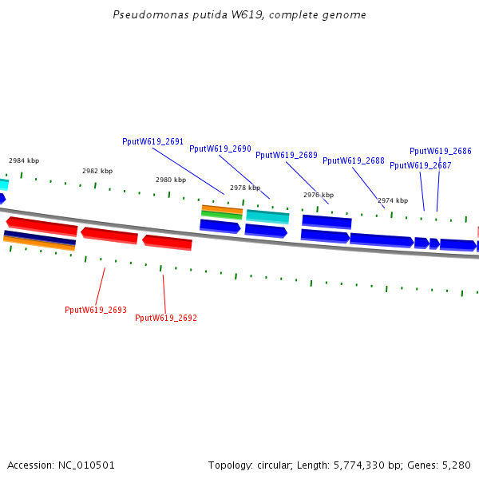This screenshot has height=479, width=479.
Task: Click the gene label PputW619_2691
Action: click(152, 141)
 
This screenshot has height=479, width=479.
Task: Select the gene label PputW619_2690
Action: click(220, 148)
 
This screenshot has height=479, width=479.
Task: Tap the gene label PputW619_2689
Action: click(286, 155)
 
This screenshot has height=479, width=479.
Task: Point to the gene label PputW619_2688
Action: click(353, 160)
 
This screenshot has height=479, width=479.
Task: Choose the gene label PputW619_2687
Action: click(420, 165)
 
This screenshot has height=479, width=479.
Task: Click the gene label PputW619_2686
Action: click(440, 151)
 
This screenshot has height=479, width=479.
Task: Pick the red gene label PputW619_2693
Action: click(95, 310)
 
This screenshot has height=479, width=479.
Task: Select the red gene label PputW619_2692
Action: click(165, 318)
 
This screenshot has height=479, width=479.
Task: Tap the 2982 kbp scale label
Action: click(97, 171)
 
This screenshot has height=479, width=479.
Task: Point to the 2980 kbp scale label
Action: click(171, 180)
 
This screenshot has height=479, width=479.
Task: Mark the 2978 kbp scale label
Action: click(245, 188)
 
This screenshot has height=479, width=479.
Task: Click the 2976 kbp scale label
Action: click(319, 195)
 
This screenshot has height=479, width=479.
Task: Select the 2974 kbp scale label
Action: click(393, 200)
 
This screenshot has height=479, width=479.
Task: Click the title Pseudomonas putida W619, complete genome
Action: click(239, 15)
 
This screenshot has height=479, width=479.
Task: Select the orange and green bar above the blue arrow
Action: click(222, 212)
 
